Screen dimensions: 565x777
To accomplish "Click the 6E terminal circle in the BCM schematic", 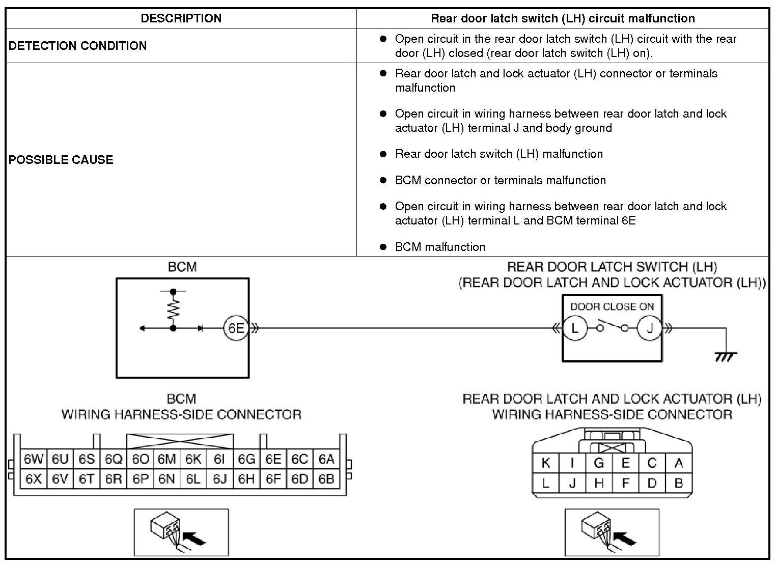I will click(x=236, y=328).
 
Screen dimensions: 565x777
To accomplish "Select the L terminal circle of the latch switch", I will click(x=575, y=328).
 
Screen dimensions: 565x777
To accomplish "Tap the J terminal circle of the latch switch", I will click(x=649, y=328).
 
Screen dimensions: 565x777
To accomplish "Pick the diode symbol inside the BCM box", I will click(x=200, y=328).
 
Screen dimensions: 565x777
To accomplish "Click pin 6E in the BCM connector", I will click(x=273, y=459).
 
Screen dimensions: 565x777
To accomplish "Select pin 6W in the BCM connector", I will click(x=34, y=459).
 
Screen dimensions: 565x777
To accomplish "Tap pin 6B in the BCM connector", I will click(x=326, y=479).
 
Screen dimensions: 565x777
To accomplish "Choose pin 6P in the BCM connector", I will click(x=140, y=479).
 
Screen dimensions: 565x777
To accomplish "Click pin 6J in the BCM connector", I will click(x=219, y=479).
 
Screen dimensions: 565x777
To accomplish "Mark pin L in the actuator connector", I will click(x=546, y=483).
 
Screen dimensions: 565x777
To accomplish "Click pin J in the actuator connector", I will click(x=572, y=483).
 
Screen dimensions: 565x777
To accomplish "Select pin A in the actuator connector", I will click(x=678, y=463).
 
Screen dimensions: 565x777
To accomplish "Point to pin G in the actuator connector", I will click(x=599, y=463).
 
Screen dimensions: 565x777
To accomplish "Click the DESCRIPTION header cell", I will click(x=181, y=18).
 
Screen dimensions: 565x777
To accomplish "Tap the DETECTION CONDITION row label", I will click(x=77, y=46).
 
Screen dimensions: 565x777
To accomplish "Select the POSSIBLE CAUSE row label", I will click(x=61, y=160).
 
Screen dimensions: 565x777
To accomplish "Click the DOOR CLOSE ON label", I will click(x=612, y=306).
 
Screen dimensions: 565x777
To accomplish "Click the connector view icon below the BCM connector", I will click(x=181, y=531).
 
